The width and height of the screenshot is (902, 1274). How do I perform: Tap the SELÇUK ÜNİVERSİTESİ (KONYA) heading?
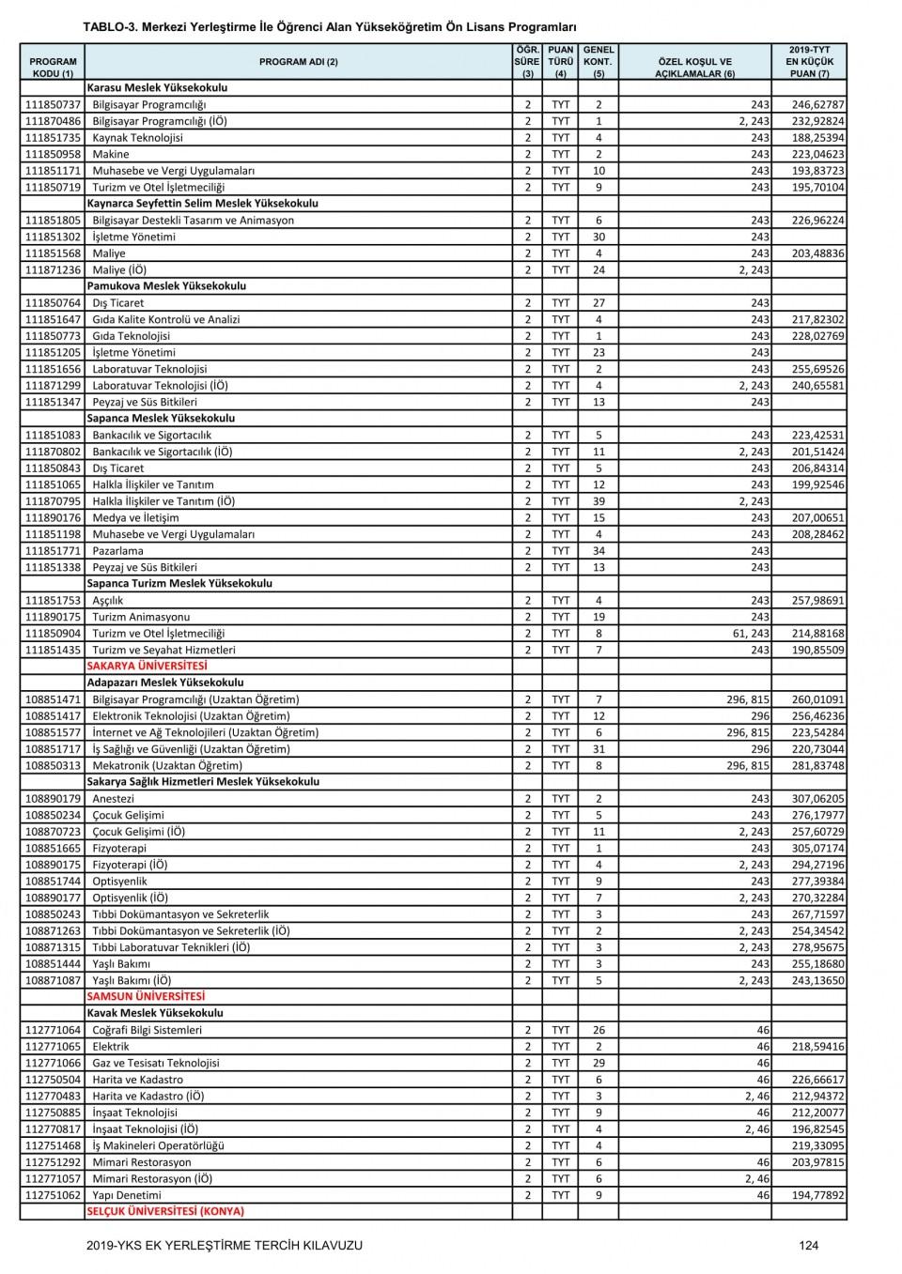pyautogui.click(x=164, y=1212)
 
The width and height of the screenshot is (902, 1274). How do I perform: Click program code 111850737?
pyautogui.click(x=53, y=105)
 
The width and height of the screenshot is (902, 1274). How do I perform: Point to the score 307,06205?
pyautogui.click(x=817, y=799)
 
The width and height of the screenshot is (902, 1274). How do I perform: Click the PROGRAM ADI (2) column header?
pyautogui.click(x=298, y=62)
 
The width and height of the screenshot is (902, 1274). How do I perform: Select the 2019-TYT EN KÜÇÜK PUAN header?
pyautogui.click(x=809, y=61)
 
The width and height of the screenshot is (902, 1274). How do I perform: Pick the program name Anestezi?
pyautogui.click(x=113, y=799)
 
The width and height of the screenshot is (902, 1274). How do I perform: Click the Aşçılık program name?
pyautogui.click(x=108, y=601)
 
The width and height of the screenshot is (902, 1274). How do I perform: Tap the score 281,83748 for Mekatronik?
pyautogui.click(x=817, y=766)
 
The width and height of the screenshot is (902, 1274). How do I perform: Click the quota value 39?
pyautogui.click(x=599, y=501)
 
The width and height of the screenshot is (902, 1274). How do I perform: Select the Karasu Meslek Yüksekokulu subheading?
pyautogui.click(x=157, y=88)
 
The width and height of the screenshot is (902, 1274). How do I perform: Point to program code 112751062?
pyautogui.click(x=53, y=1196)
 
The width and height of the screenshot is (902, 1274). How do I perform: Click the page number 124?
pyautogui.click(x=809, y=1246)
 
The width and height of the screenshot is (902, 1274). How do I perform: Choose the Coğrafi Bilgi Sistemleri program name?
pyautogui.click(x=147, y=1031)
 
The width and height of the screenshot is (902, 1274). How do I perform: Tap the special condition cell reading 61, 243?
pyautogui.click(x=749, y=634)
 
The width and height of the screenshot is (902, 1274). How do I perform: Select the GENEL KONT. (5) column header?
pyautogui.click(x=599, y=61)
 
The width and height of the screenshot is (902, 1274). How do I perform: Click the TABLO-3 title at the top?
pyautogui.click(x=329, y=27)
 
